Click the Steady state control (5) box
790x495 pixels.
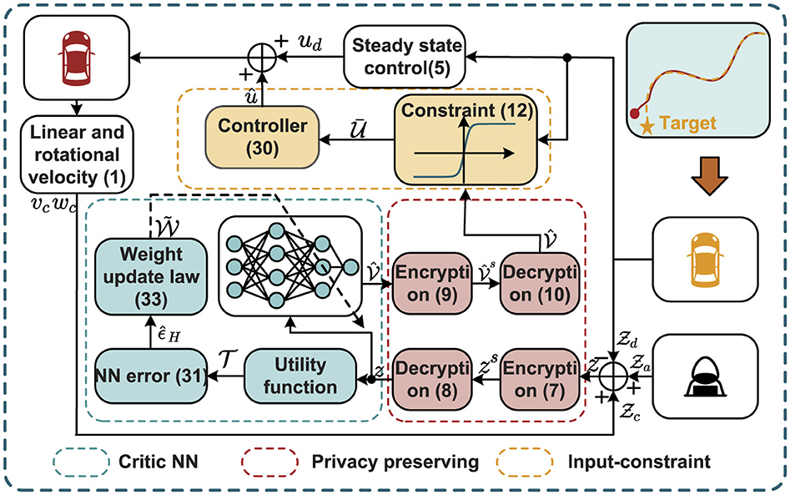pos(405,57)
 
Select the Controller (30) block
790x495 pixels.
pos(262,137)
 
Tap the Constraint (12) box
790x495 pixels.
pos(466,139)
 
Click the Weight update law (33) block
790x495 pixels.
pos(151,277)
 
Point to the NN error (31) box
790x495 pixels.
pos(151,376)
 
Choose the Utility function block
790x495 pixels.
pos(300,376)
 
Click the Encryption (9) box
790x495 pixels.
pos(432,283)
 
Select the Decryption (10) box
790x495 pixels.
pos(540,283)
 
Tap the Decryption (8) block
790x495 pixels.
pos(432,379)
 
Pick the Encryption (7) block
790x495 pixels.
pos(540,379)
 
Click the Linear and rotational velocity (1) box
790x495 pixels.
pos(77,154)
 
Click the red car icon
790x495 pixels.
pos(77,58)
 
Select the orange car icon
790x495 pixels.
pos(706,260)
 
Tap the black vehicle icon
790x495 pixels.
pos(705,376)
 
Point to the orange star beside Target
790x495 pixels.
pos(647,125)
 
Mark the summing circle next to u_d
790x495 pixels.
pos(262,57)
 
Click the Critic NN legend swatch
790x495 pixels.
pos(81,462)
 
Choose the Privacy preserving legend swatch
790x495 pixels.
pos(270,462)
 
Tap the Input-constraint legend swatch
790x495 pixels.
pos(525,462)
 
